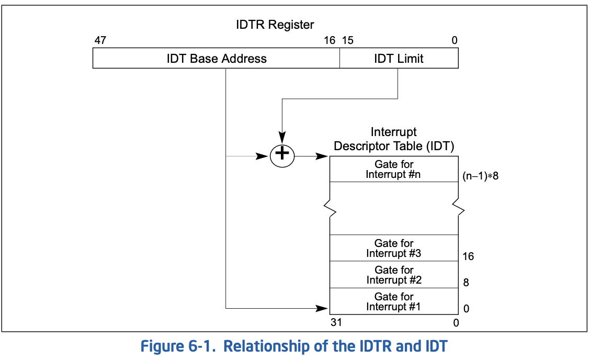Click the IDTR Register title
[x=275, y=25]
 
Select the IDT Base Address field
[x=217, y=59]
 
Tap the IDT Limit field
[x=399, y=59]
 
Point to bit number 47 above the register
[x=100, y=40]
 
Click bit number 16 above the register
[x=330, y=40]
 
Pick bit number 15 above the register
[x=348, y=40]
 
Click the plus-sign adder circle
[x=282, y=156]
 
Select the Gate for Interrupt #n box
[x=394, y=169]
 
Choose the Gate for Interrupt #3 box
[x=394, y=248]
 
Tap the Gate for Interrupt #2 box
[x=394, y=275]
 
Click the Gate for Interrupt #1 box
[x=394, y=301]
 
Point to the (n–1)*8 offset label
[x=481, y=176]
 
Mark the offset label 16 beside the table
[x=468, y=256]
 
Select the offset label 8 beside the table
[x=466, y=283]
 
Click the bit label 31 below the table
[x=336, y=322]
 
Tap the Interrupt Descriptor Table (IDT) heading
[x=394, y=139]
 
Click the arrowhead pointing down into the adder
[x=282, y=138]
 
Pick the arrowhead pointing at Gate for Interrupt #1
[x=322, y=308]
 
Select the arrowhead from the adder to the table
[x=322, y=156]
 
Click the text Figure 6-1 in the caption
[x=178, y=346]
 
